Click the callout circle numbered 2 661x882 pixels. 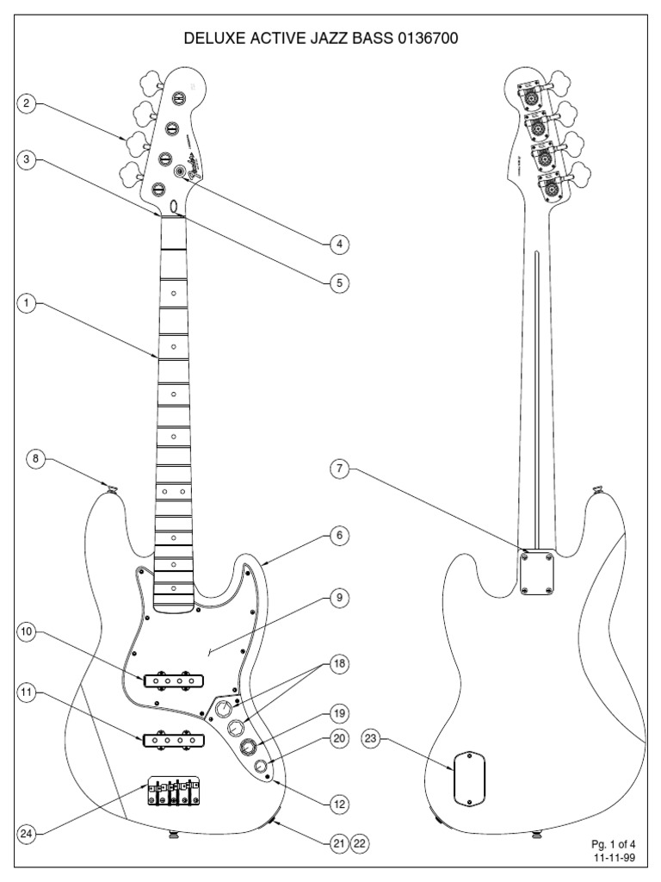27,105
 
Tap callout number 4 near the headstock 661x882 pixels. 340,244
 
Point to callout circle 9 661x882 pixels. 340,597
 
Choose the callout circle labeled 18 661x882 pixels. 340,665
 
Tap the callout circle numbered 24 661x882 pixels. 27,833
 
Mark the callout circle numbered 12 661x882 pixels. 340,803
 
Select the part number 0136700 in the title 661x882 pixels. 436,40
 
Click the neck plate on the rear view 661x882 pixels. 537,573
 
